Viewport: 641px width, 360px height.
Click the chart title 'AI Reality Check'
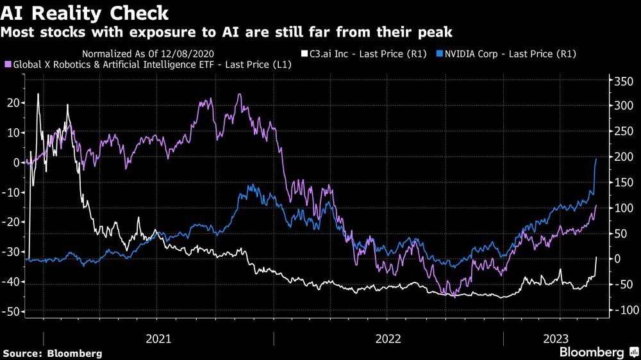click(85, 13)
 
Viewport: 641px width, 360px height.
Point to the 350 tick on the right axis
click(624, 81)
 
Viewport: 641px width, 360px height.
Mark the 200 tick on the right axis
click(624, 158)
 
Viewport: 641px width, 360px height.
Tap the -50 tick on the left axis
click(13, 312)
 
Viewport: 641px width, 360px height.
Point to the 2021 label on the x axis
click(158, 339)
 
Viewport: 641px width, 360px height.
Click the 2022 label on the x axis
click(388, 339)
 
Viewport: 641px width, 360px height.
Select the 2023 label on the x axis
click(560, 339)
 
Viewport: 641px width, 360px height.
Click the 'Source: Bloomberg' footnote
click(53, 353)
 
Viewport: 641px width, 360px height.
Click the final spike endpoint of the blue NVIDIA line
click(597, 159)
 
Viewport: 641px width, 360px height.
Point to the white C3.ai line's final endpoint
click(597, 257)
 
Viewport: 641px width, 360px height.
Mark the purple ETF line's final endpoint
click(597, 206)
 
